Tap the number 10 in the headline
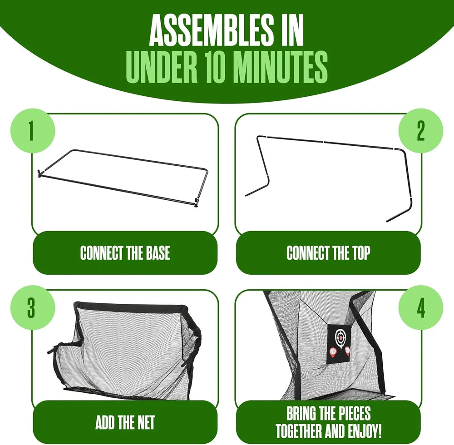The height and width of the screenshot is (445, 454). pyautogui.click(x=215, y=67)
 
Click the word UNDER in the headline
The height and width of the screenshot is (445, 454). pyautogui.click(x=162, y=67)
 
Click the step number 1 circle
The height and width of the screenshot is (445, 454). pyautogui.click(x=32, y=131)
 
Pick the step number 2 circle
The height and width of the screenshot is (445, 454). pyautogui.click(x=421, y=131)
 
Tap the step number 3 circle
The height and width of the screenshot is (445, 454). pyautogui.click(x=32, y=307)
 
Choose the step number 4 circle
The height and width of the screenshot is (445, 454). pyautogui.click(x=421, y=307)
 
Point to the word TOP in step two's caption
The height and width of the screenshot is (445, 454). pyautogui.click(x=361, y=253)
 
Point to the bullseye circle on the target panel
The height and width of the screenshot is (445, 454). pyautogui.click(x=340, y=336)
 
